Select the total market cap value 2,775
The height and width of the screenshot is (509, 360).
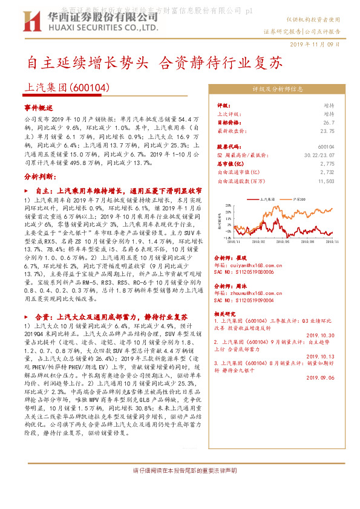tap(327, 163)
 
